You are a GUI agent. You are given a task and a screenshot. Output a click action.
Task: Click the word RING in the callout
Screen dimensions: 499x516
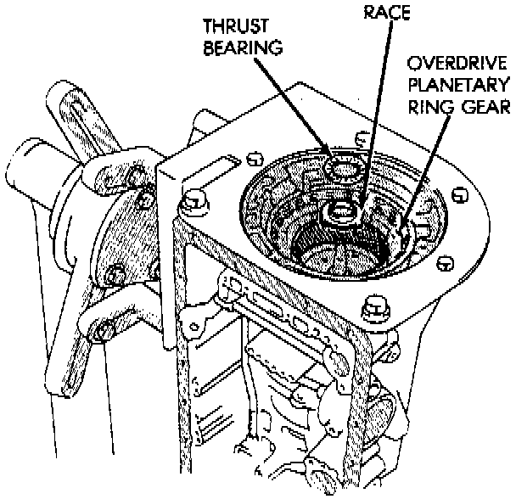(431, 108)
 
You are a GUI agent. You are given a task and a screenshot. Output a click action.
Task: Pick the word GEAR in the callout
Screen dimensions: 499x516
(484, 108)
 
